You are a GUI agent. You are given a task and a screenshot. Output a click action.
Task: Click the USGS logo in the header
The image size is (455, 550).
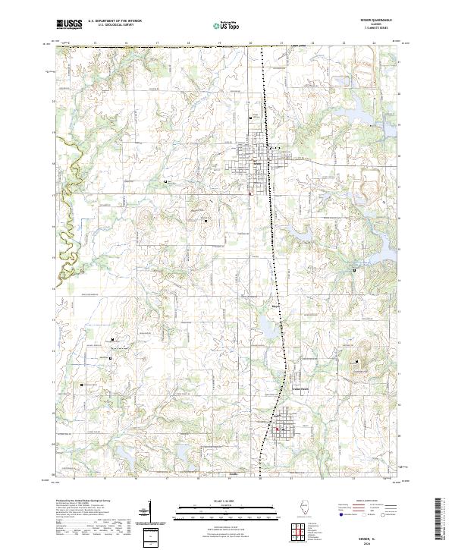point(70,24)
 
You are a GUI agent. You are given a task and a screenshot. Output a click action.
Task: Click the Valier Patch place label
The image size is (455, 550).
point(303,389)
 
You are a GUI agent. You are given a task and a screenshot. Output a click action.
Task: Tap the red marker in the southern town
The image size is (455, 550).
point(277,430)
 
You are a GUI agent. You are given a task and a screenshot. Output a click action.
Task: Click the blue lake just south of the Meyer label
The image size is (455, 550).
point(268,329)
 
